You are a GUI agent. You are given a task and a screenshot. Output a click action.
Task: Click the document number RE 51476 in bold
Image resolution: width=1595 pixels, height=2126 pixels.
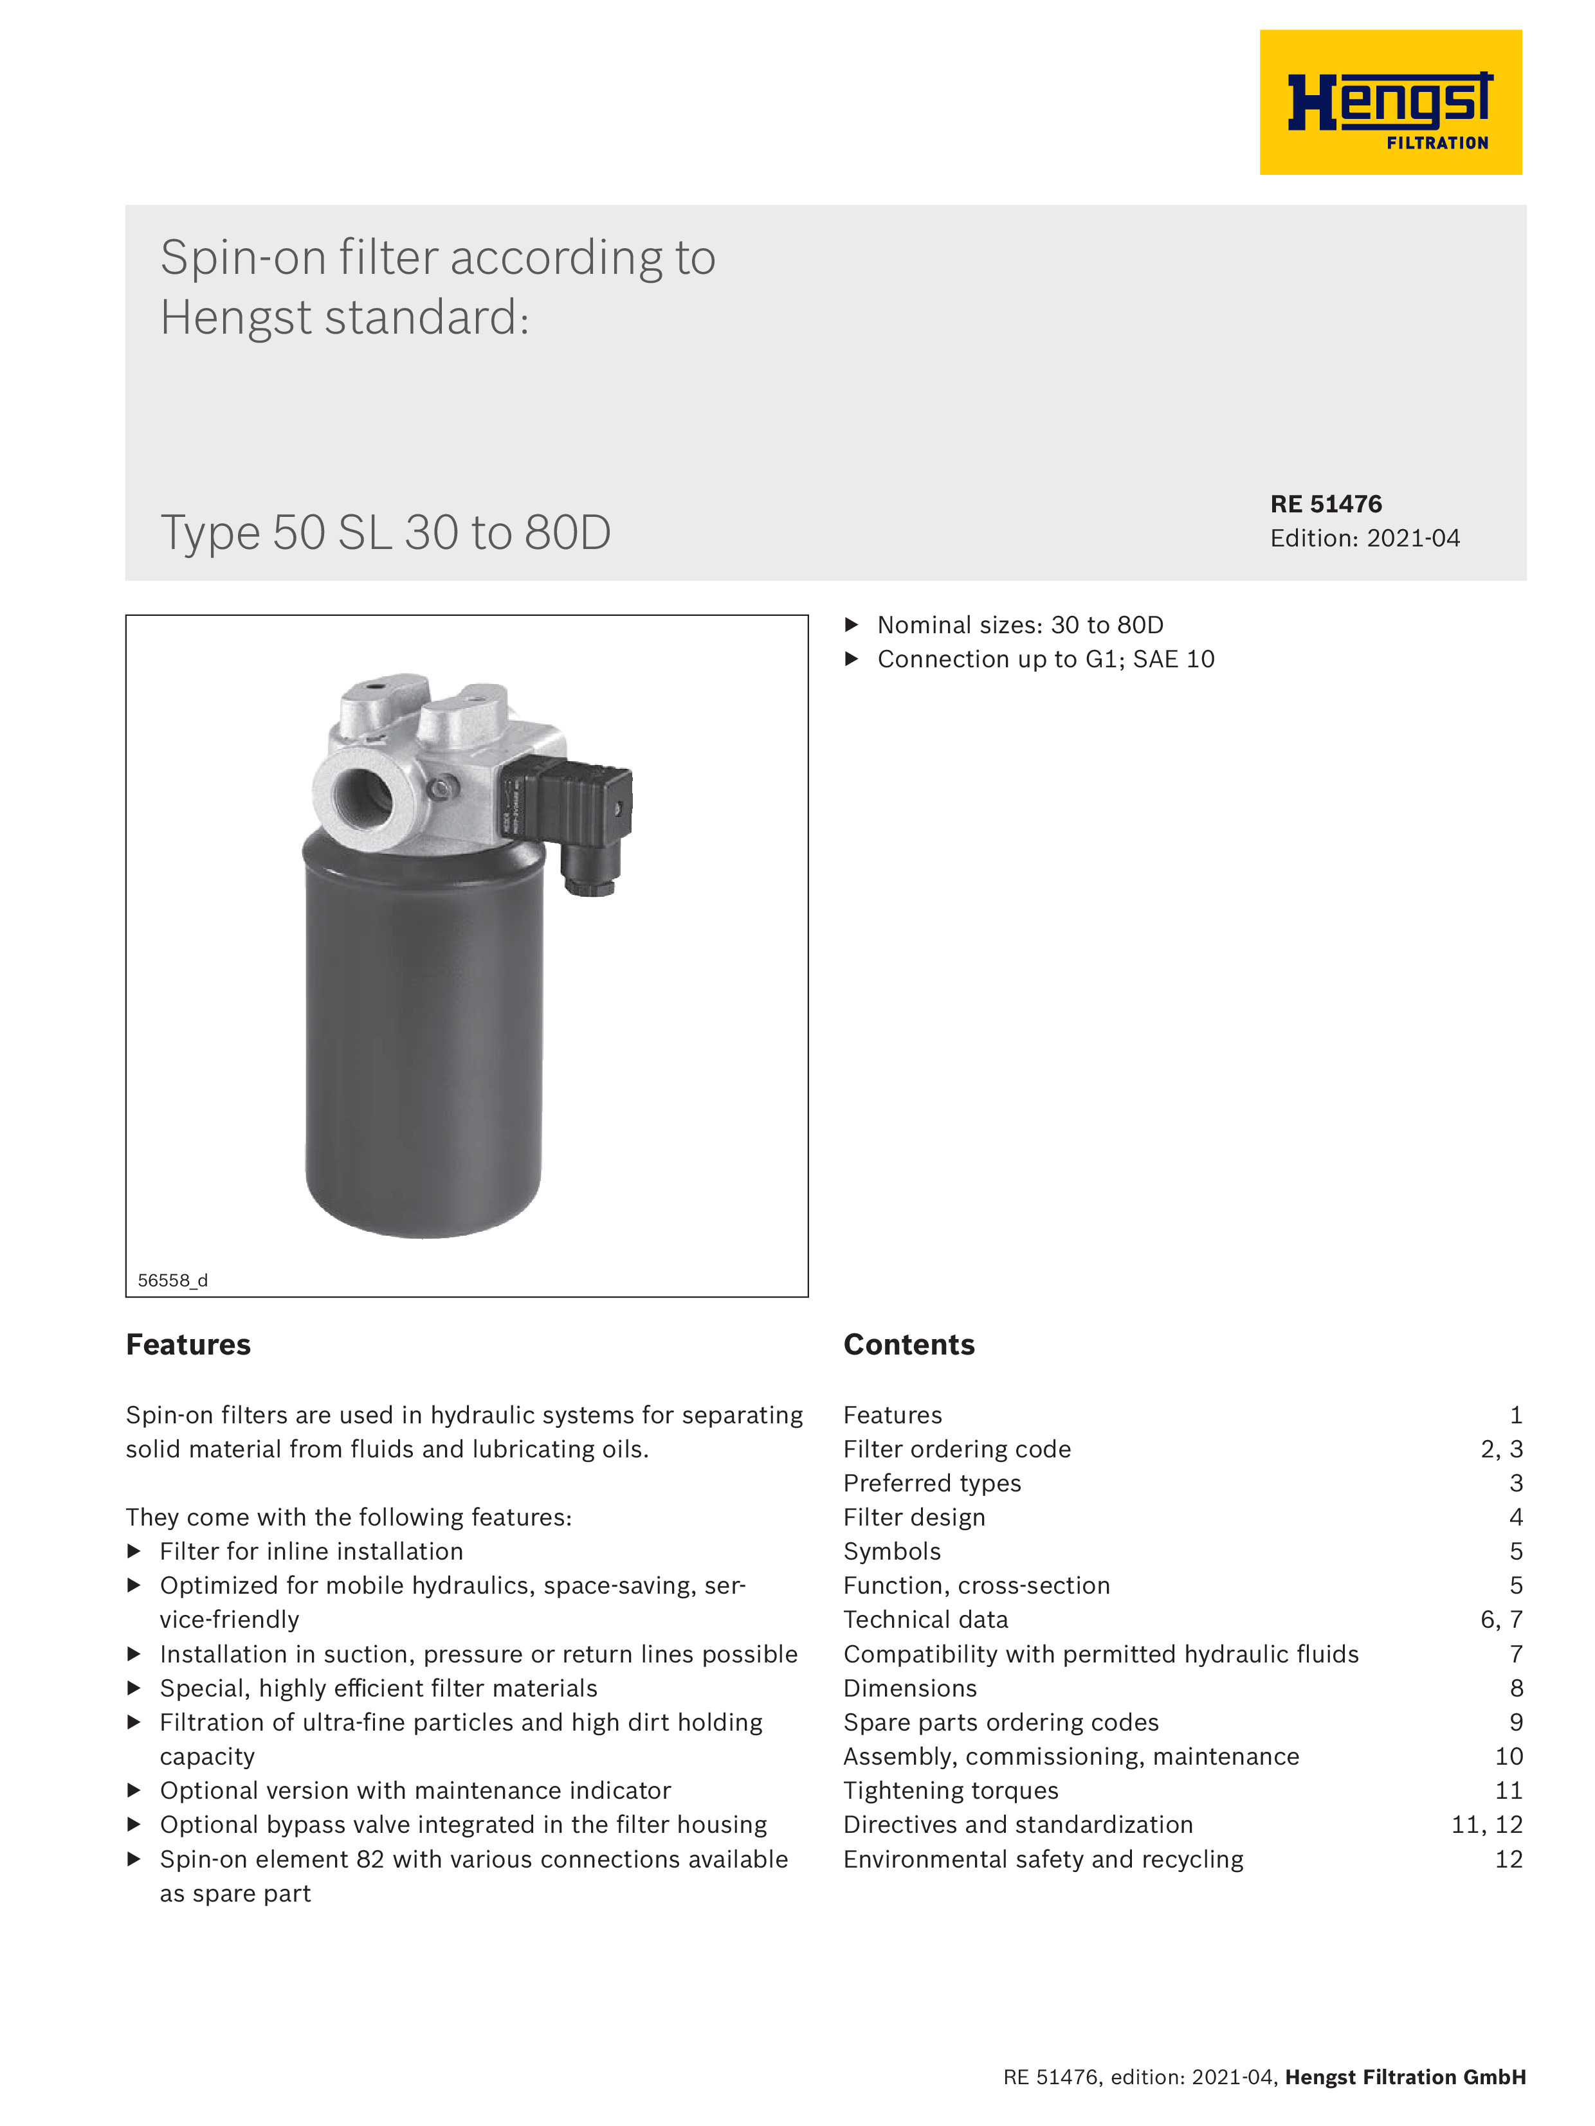coord(1325,503)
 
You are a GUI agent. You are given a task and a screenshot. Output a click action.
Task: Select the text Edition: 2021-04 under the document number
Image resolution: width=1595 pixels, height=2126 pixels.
coord(1363,538)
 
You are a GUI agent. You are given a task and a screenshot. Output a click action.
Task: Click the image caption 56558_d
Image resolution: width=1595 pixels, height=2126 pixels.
coord(172,1280)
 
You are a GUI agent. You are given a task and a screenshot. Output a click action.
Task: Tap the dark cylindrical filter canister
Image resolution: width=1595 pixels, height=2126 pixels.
coord(423,1038)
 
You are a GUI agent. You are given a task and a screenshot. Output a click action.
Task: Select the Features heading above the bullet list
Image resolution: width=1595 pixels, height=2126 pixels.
coord(188,1345)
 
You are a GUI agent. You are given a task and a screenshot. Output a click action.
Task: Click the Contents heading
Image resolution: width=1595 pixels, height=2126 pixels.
coord(909,1345)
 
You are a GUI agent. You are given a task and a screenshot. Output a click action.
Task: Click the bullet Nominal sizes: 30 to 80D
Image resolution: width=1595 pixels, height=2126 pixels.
coord(1019,625)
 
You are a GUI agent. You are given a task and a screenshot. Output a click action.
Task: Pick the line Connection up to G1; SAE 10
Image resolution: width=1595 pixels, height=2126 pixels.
coord(1045,660)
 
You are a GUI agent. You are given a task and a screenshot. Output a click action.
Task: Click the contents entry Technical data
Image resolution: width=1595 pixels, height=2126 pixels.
coord(925,1619)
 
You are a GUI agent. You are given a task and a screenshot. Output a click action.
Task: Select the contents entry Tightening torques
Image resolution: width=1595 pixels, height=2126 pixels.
coord(950,1790)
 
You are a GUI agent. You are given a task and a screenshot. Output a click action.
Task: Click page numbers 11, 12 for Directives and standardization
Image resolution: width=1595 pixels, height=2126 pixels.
coord(1486,1824)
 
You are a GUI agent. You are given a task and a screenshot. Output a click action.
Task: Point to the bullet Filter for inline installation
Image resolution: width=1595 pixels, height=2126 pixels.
coord(311,1551)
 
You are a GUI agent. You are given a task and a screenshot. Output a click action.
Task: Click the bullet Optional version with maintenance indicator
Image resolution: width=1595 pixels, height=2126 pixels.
coord(414,1790)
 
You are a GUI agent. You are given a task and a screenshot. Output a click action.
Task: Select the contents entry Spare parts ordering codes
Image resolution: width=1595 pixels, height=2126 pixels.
coord(1000,1722)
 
